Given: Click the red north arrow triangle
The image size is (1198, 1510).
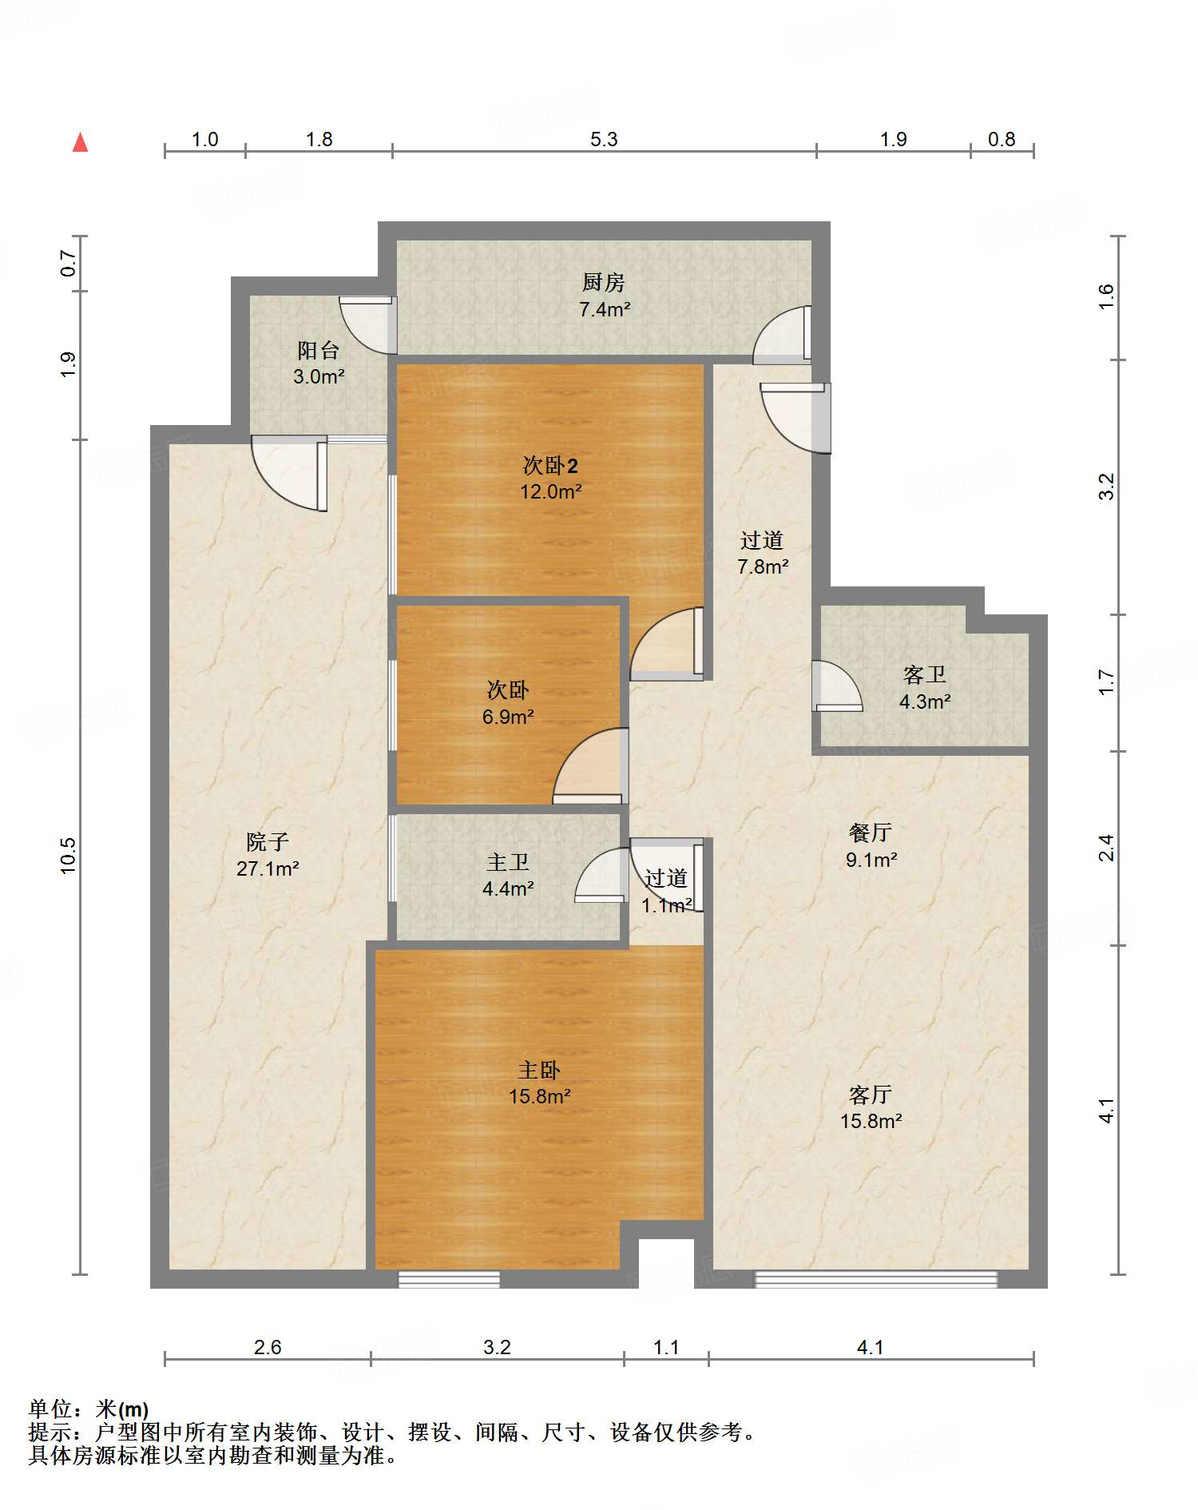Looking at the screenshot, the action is pyautogui.click(x=80, y=142).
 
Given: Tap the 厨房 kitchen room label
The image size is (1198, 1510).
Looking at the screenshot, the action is pyautogui.click(x=603, y=282).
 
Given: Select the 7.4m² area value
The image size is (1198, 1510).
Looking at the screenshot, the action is pyautogui.click(x=605, y=309).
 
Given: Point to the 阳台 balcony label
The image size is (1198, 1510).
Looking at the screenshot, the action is pyautogui.click(x=318, y=350).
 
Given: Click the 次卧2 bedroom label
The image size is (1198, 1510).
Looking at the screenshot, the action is pyautogui.click(x=550, y=465).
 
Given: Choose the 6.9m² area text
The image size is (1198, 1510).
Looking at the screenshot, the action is pyautogui.click(x=508, y=717).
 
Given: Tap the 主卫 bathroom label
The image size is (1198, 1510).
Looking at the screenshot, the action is pyautogui.click(x=508, y=862).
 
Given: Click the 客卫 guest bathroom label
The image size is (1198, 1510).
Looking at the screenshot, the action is pyautogui.click(x=925, y=675).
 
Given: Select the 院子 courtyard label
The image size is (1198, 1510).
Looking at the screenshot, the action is pyautogui.click(x=268, y=841).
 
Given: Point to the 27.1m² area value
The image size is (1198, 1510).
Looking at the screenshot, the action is pyautogui.click(x=268, y=868).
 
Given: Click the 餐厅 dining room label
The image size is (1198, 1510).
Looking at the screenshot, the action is pyautogui.click(x=871, y=832).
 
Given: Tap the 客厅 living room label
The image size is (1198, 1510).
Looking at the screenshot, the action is pyautogui.click(x=871, y=1094).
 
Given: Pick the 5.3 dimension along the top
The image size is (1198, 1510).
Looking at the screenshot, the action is pyautogui.click(x=604, y=139).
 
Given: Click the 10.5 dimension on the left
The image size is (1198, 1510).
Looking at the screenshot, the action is pyautogui.click(x=68, y=855).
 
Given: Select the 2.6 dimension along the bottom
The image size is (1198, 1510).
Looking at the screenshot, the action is pyautogui.click(x=268, y=1347).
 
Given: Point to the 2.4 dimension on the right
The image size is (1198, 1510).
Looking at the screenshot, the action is pyautogui.click(x=1106, y=848).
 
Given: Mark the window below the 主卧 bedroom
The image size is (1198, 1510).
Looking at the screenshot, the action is pyautogui.click(x=449, y=1280).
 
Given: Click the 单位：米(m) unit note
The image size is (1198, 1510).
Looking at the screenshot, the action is pyautogui.click(x=89, y=1409).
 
